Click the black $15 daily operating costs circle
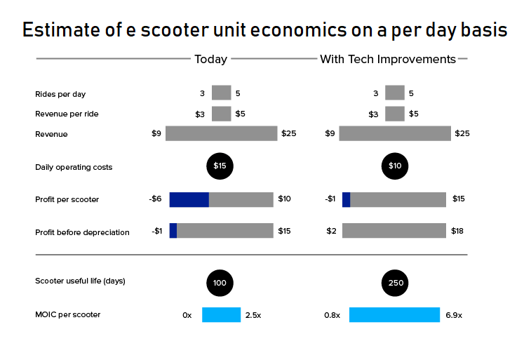click(220, 166)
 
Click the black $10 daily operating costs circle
click(395, 166)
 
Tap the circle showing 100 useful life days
click(220, 283)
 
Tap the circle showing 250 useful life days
click(395, 283)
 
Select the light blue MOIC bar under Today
click(221, 315)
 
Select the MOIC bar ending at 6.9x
click(394, 315)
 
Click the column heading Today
click(210, 60)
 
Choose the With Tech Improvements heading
click(388, 60)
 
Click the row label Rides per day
click(60, 94)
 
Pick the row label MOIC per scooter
click(67, 314)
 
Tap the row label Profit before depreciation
click(82, 232)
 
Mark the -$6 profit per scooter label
click(155, 199)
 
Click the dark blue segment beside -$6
click(189, 200)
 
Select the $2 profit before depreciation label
click(331, 231)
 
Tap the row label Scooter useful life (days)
click(80, 281)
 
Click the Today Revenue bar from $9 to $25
click(221, 133)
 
